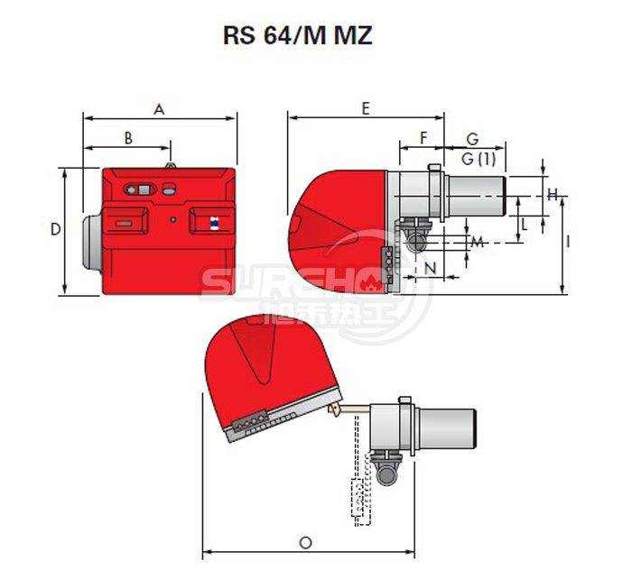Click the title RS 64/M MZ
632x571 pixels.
pos(296,37)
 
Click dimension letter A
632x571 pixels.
pos(159,109)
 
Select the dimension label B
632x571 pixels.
pos(128,138)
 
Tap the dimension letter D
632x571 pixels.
pos(55,230)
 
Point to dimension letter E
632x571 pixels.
pos(365,108)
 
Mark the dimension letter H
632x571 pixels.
pos(553,193)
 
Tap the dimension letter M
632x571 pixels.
pos(478,242)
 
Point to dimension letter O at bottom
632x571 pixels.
pos(305,542)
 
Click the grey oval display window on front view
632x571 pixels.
pos(140,189)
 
